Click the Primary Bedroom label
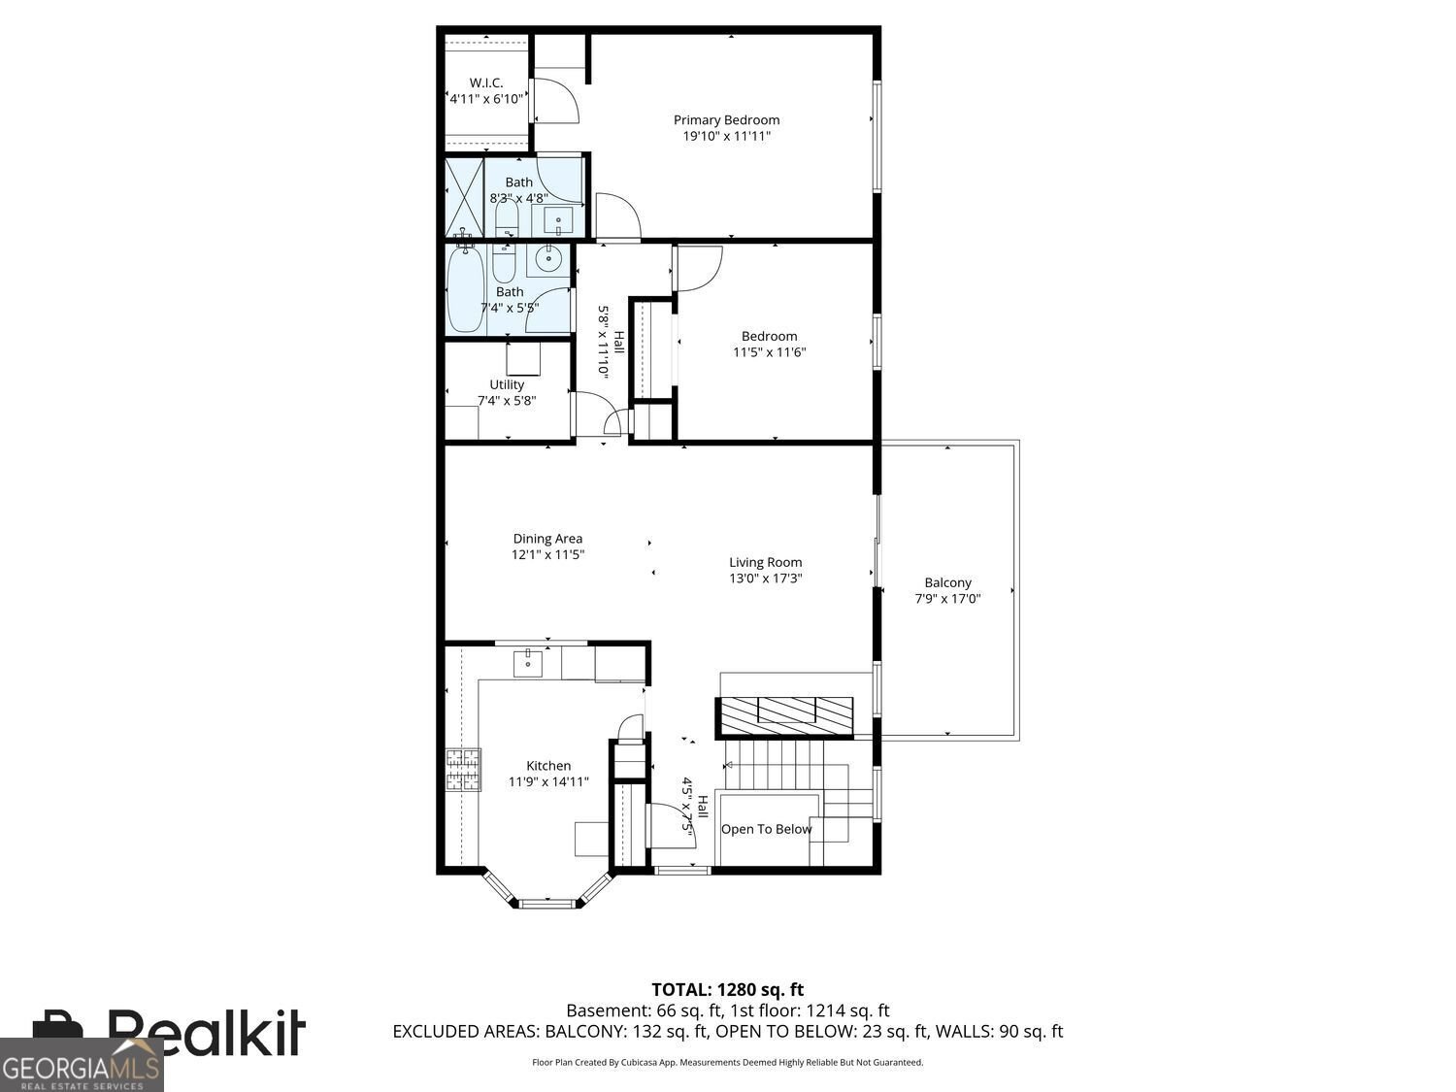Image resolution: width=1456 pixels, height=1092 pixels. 726,120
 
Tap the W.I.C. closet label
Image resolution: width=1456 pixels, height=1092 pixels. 485,83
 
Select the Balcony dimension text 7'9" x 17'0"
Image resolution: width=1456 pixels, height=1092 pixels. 947,599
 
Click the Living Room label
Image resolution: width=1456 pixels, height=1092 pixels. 765,562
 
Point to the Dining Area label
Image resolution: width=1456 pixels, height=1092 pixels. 547,539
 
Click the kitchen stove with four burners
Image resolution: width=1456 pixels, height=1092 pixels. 463,770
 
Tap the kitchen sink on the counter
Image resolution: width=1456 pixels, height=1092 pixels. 528,662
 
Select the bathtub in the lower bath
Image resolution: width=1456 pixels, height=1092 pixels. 465,289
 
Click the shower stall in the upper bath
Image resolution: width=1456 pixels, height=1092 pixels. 464,196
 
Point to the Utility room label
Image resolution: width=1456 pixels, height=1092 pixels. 507,384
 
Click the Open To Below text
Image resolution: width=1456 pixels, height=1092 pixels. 766,829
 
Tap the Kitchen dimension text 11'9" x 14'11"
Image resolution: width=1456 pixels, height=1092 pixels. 548,781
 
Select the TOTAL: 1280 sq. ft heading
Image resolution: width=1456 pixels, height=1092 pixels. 727,990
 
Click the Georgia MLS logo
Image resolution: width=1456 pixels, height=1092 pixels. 82,1066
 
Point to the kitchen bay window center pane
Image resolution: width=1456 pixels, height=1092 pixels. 546,904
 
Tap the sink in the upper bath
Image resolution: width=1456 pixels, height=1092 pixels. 558,220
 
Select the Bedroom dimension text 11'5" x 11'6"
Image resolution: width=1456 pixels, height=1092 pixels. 769,352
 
